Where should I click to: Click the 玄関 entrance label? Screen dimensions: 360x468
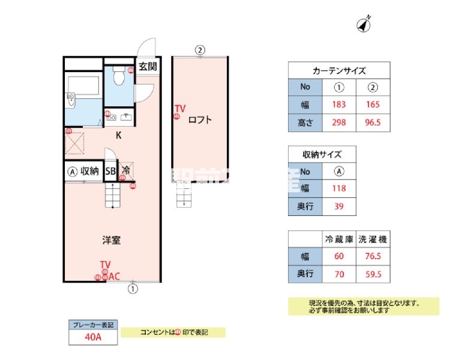(148, 66)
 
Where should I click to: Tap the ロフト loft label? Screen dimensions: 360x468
(200, 119)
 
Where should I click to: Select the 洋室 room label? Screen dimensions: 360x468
(111, 241)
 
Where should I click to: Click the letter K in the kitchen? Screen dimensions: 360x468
(119, 135)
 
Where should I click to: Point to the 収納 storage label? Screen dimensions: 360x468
(90, 171)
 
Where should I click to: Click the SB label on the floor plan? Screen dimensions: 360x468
(110, 171)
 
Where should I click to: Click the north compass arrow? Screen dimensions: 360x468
(364, 24)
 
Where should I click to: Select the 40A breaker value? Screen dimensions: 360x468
(93, 337)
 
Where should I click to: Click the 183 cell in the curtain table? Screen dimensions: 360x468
(339, 105)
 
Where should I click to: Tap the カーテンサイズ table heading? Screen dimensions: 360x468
(340, 70)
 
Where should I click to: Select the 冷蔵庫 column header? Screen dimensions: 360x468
(339, 239)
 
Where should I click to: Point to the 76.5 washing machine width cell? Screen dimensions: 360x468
(373, 257)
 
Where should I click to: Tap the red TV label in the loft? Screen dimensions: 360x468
(180, 109)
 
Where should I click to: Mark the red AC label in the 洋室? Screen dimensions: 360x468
(114, 277)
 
